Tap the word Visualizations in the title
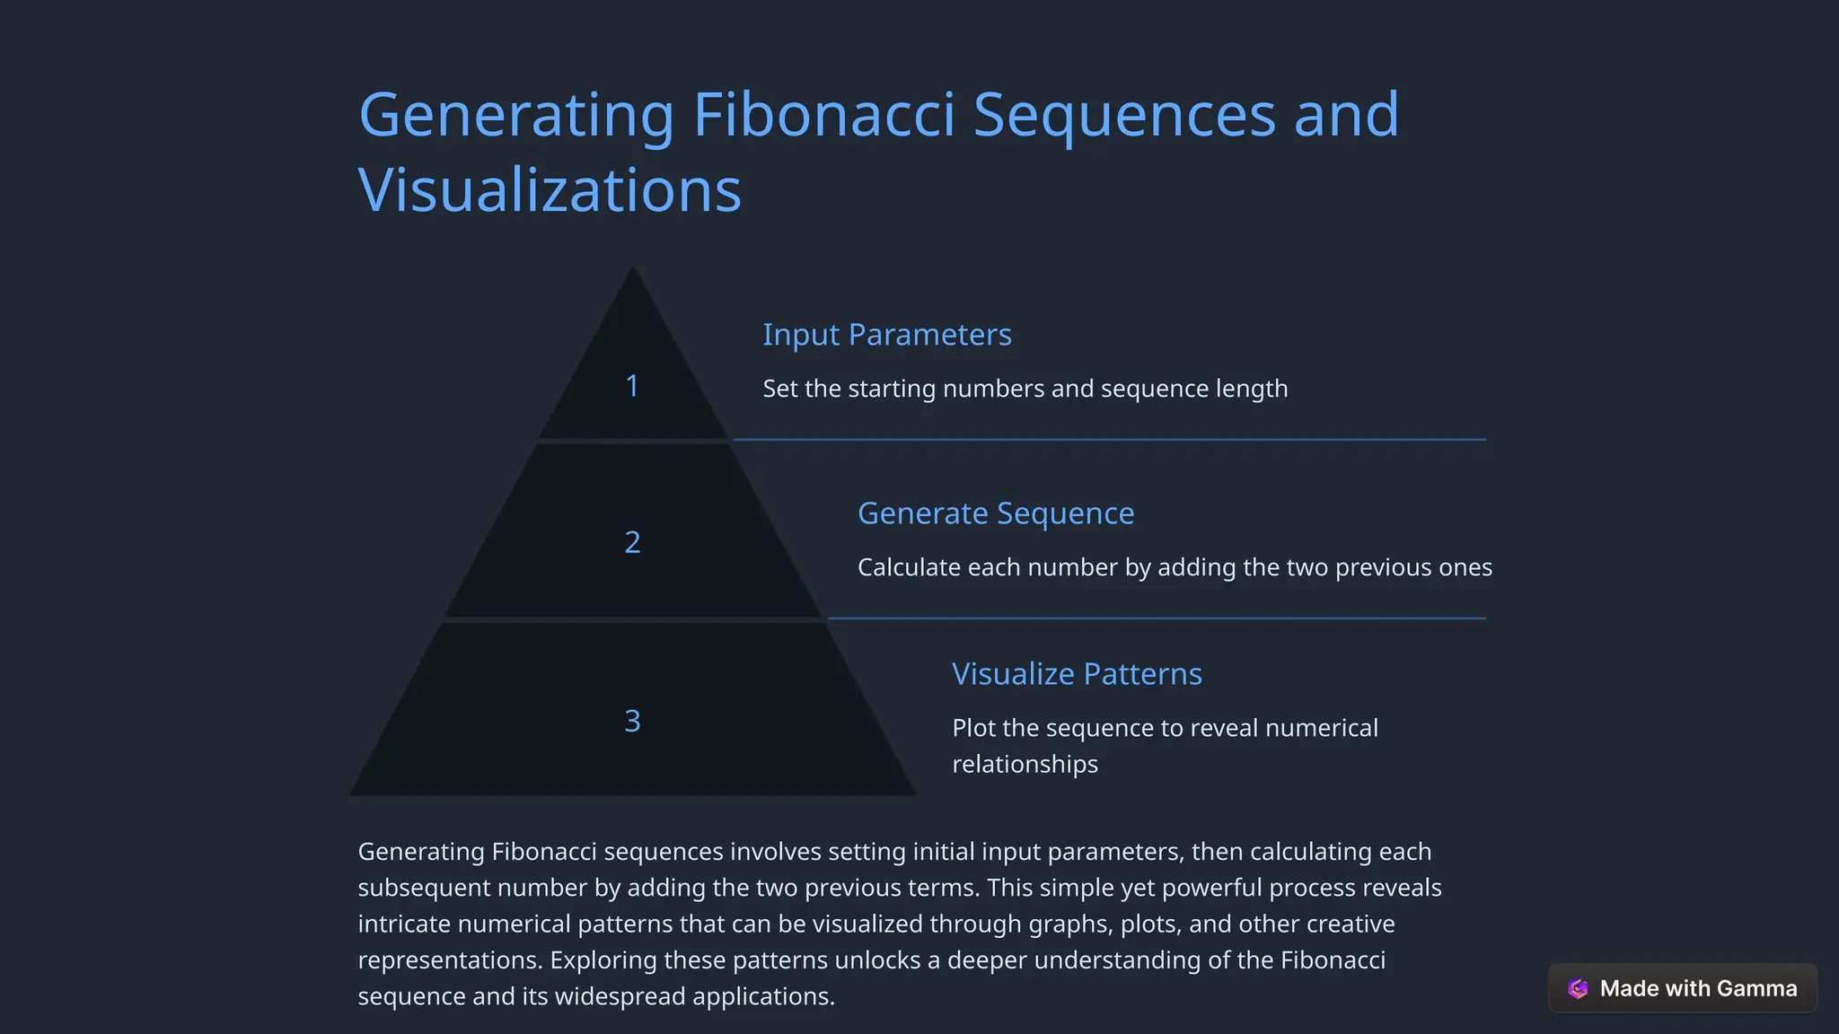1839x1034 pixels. click(x=550, y=190)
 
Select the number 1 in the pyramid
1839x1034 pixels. click(x=632, y=386)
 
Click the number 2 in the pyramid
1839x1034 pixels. click(x=632, y=542)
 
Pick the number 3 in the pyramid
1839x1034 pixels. click(x=632, y=721)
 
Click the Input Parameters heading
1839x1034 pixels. click(x=886, y=335)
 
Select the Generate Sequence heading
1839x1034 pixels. click(x=995, y=513)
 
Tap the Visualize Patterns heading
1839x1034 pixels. click(x=1076, y=674)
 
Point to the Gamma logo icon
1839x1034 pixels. click(x=1578, y=988)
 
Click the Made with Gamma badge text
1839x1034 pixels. click(x=1698, y=988)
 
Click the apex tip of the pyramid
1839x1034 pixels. click(x=633, y=268)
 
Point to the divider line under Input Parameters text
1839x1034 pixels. click(x=1109, y=440)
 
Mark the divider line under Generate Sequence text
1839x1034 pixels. click(x=1157, y=618)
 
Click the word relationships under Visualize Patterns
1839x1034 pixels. click(x=1025, y=764)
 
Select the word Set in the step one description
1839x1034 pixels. click(x=779, y=389)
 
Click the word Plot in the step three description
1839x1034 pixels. click(x=973, y=728)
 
